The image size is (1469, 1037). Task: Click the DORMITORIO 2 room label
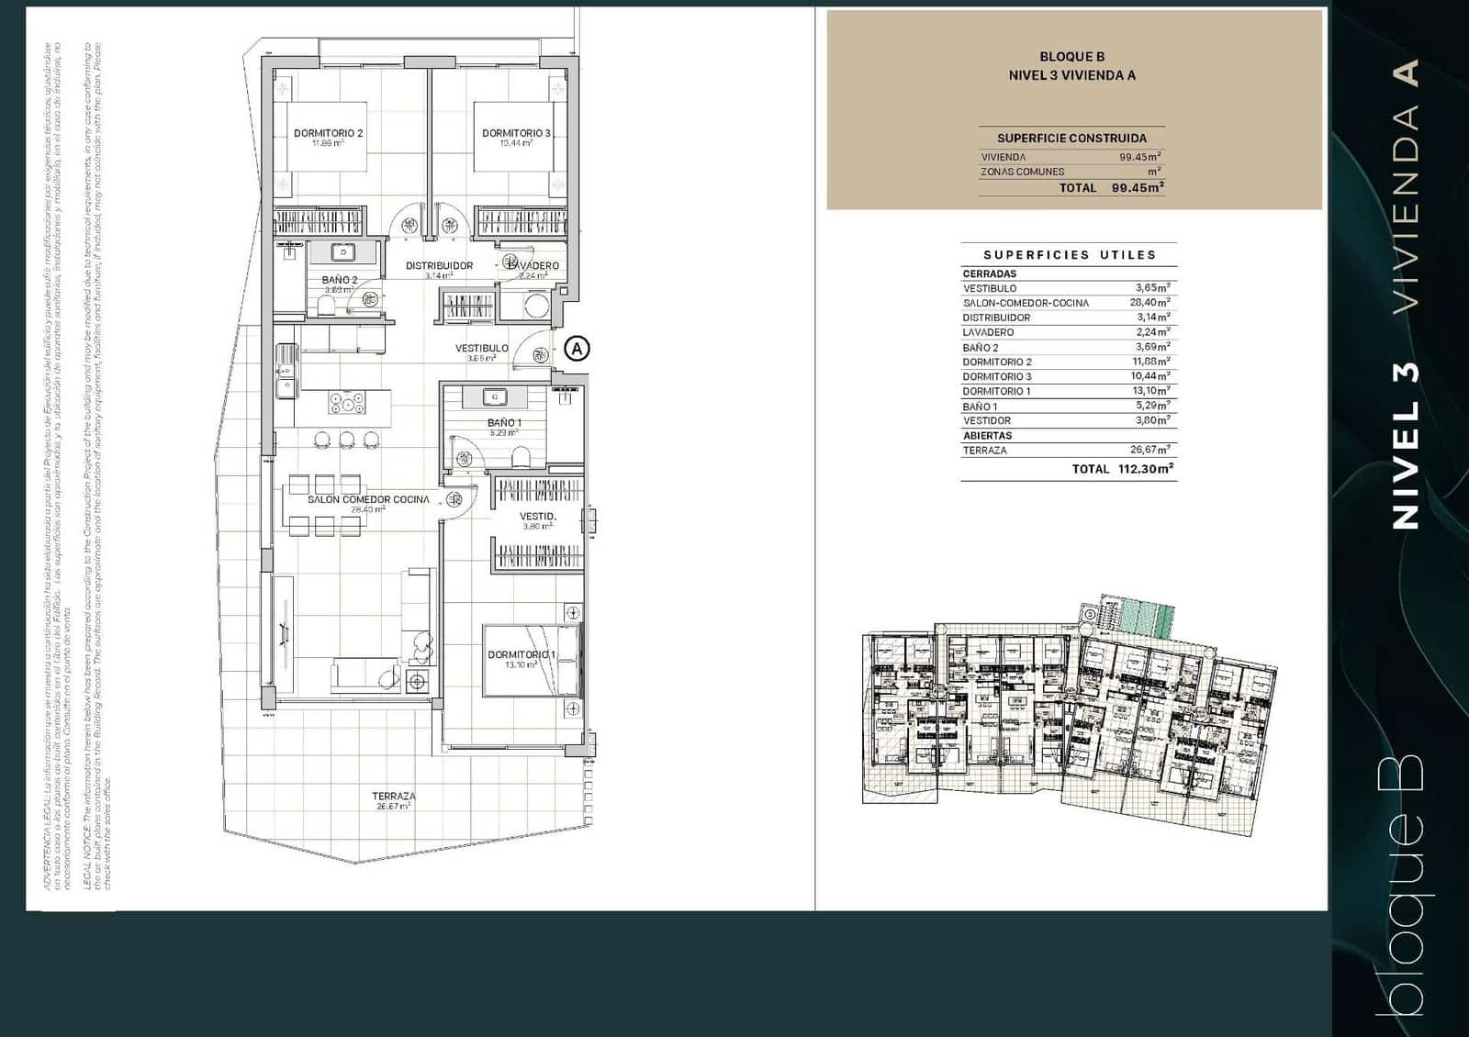point(328,133)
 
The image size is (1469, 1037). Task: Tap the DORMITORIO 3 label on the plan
point(516,133)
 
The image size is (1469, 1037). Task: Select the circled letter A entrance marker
point(577,349)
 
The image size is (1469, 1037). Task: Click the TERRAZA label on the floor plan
point(393,797)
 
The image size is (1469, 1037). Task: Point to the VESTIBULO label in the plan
point(482,349)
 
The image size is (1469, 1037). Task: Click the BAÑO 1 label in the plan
point(504,423)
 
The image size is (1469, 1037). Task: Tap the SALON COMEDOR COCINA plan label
point(368,499)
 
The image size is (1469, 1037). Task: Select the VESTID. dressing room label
point(537,517)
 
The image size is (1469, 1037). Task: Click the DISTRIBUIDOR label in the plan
point(440,266)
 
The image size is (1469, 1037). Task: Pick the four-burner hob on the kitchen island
point(347,403)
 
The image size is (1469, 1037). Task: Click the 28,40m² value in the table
point(1151,302)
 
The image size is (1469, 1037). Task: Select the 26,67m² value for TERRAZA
point(1150,450)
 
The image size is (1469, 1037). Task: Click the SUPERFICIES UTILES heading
point(1070,255)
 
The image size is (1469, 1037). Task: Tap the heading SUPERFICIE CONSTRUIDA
point(1071,138)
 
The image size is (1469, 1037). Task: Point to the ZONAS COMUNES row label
point(1022,172)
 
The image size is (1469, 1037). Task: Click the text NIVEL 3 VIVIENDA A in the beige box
point(1071,76)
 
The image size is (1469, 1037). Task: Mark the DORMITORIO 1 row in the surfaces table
point(996,391)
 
